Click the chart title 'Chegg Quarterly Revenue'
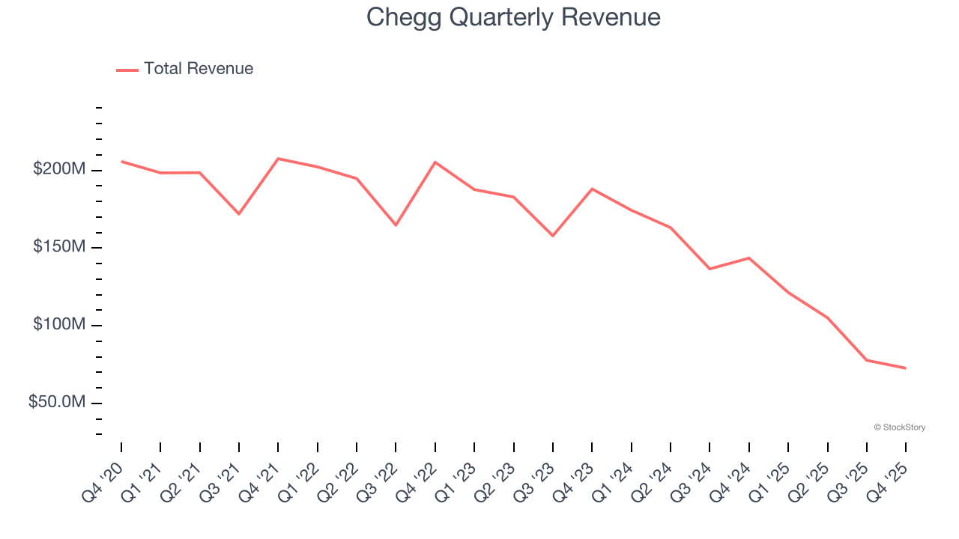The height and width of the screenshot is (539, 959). pos(513,17)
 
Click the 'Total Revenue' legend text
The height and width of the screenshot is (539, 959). pos(199,69)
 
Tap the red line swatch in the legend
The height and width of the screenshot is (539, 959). pos(127,70)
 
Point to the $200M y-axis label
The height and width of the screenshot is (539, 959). pos(59,170)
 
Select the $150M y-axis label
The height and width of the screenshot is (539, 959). pos(59,247)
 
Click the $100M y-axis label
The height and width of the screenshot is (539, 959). pos(59,325)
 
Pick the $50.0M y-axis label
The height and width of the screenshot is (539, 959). pos(57,403)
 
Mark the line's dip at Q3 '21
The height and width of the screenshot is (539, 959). pos(239,214)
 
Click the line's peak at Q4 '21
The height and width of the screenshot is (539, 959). pos(278,159)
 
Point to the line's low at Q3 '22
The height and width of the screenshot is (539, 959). pos(396,225)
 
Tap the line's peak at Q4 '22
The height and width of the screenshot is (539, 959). pos(435,162)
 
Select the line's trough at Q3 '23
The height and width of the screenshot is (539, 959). pos(553,236)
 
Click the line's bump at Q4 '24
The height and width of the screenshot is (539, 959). pos(749,258)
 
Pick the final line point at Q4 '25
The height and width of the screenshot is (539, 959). pos(906,368)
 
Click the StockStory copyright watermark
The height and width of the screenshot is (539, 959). pos(899,427)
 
